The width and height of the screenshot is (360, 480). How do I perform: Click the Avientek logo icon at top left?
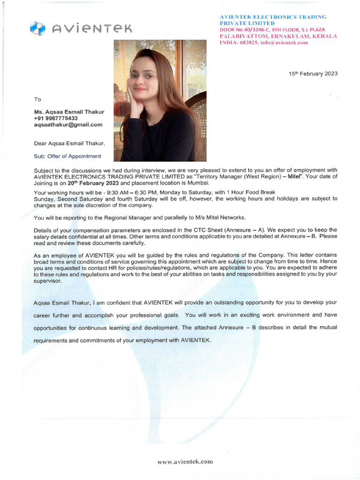click(37, 29)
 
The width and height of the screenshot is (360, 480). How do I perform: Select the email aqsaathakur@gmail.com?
click(68, 125)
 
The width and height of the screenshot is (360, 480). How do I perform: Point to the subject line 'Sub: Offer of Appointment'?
click(67, 156)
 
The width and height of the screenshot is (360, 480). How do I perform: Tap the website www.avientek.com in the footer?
click(185, 462)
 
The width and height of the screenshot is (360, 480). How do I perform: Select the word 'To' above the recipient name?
click(37, 99)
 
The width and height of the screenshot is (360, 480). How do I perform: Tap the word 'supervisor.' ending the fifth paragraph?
click(48, 281)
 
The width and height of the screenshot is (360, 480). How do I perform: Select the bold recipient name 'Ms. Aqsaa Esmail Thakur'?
click(69, 112)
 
